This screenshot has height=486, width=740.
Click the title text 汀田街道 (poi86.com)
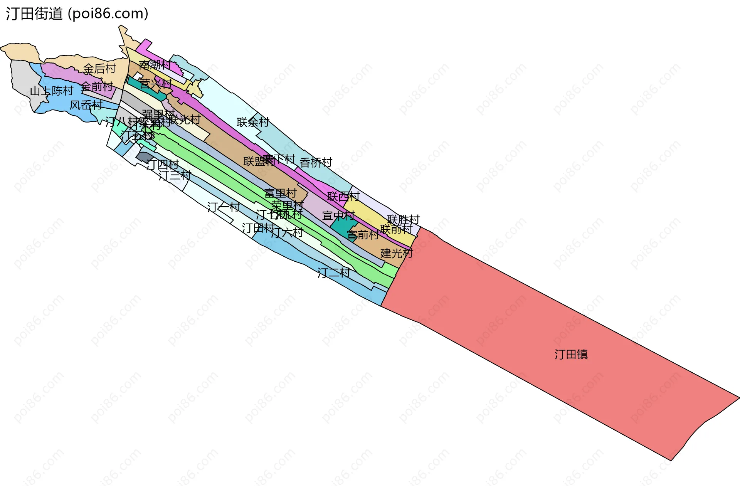pos(77,14)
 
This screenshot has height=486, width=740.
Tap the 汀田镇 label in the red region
pos(571,354)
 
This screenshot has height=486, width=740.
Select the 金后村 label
pos(99,69)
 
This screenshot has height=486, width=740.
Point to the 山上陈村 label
pos(52,91)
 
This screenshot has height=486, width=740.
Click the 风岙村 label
pos(86,105)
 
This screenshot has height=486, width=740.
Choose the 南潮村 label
pos(155,65)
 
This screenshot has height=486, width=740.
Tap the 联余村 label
pos(253,122)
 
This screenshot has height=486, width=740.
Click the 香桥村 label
pos(316,162)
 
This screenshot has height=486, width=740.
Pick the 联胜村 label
pos(403,219)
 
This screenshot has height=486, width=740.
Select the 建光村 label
pos(396,253)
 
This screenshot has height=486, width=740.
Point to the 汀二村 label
pos(333,273)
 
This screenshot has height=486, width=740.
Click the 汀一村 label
pos(223,207)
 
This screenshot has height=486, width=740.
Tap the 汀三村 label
pos(175,175)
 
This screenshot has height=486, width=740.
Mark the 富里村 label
pos(280,193)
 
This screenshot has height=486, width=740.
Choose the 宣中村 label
pos(338,215)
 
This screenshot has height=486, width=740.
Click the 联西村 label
pos(343,196)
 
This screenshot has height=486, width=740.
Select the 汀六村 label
pos(287,232)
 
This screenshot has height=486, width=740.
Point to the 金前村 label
pos(97,86)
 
